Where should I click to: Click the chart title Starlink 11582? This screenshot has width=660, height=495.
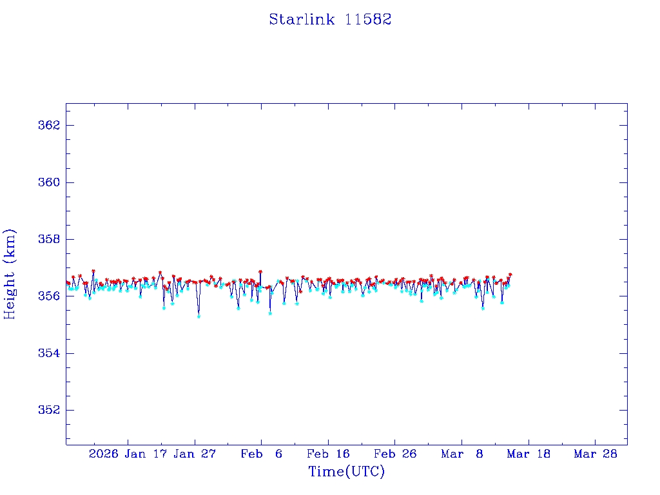tap(330, 19)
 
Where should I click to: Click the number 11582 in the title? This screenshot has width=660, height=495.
tap(368, 19)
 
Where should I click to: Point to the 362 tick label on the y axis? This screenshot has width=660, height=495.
tap(49, 125)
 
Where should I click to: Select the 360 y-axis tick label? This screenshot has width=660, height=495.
tap(49, 182)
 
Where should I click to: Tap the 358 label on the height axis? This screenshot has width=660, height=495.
tap(49, 239)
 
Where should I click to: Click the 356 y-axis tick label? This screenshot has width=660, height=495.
tap(49, 296)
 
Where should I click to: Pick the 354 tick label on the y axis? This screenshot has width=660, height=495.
tap(49, 353)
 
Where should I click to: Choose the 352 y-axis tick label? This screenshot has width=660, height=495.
tap(49, 411)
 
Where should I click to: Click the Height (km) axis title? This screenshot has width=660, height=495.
tap(10, 274)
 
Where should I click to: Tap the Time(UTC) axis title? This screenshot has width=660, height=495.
tap(346, 472)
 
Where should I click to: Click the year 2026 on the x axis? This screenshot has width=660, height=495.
tap(103, 454)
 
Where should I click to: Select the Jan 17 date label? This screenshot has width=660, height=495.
tap(146, 454)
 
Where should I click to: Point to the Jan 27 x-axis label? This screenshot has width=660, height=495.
tap(195, 454)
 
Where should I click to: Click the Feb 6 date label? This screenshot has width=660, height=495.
tap(262, 454)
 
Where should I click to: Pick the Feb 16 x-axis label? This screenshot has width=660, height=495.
tap(328, 454)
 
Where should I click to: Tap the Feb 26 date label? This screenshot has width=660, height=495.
tap(395, 454)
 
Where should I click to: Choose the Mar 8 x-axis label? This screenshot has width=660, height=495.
tap(462, 454)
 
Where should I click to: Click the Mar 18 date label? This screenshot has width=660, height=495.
tap(529, 454)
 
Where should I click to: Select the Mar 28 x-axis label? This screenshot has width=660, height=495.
tap(595, 454)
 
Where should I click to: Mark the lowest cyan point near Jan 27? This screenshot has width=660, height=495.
tap(199, 316)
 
